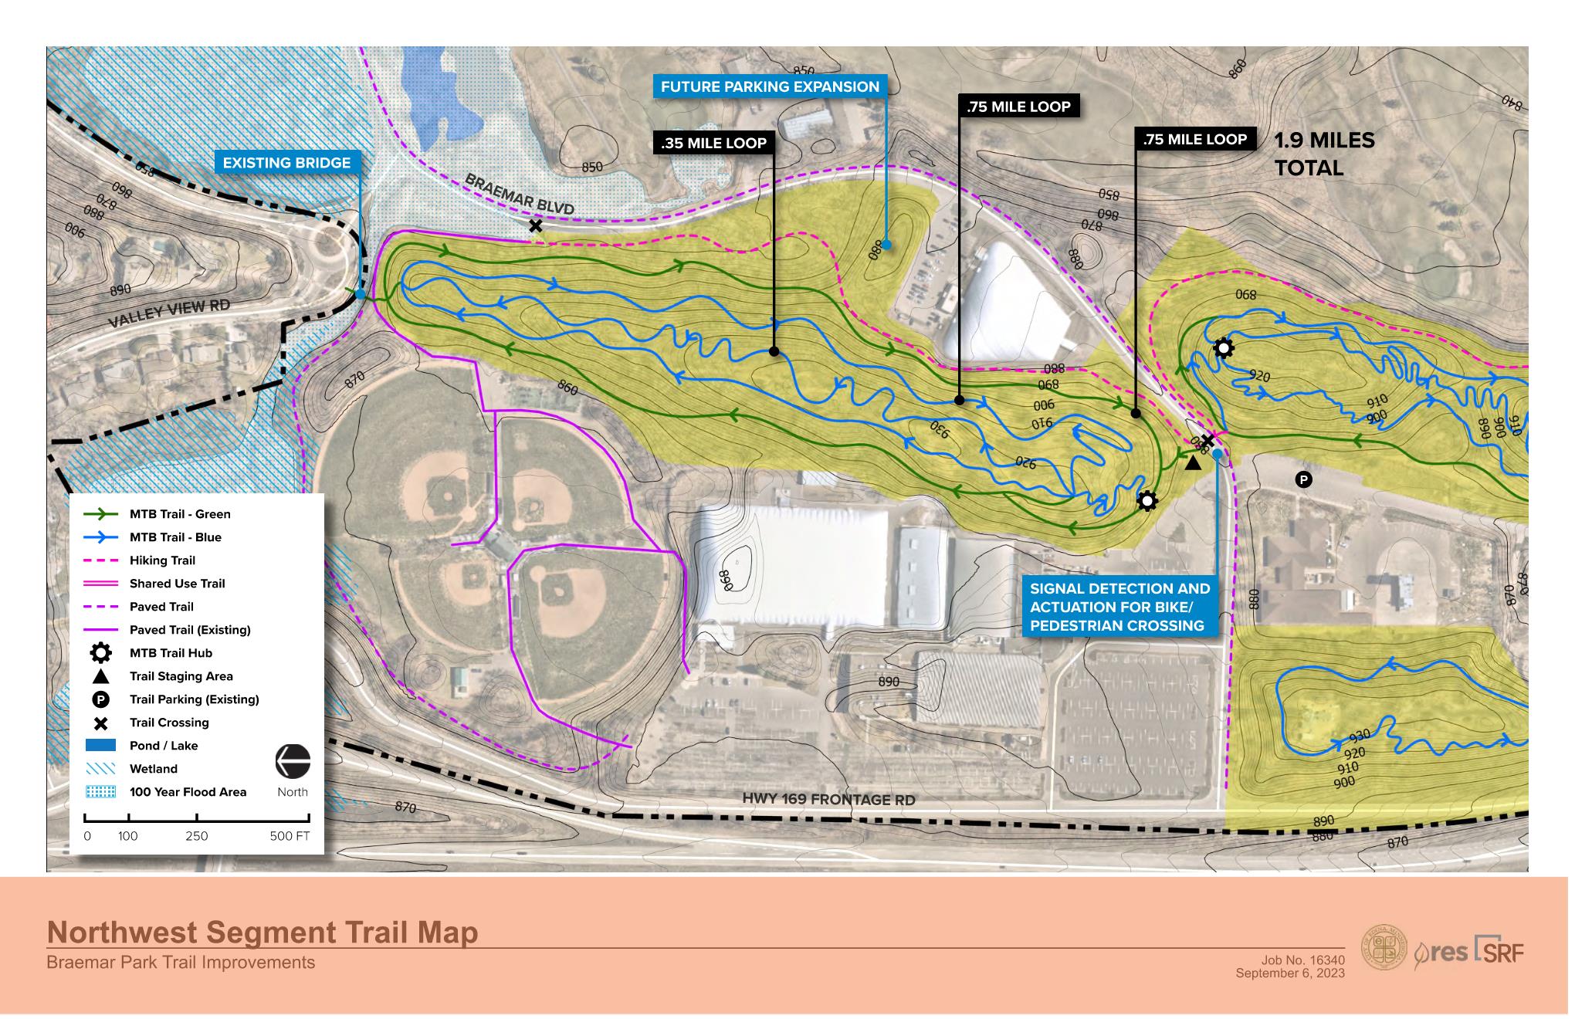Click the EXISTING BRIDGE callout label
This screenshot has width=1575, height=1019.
coord(286,163)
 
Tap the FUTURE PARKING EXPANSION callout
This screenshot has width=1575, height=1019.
coord(770,86)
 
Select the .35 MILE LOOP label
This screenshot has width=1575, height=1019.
coord(713,143)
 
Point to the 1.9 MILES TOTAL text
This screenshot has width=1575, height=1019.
coord(1323,154)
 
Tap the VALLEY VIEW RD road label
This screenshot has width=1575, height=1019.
coord(169,313)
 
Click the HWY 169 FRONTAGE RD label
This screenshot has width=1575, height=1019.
coord(828,799)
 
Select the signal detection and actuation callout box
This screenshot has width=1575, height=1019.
coord(1120,607)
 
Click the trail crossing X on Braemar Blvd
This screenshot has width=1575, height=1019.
coord(535,226)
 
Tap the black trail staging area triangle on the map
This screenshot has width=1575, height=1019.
coord(1193,463)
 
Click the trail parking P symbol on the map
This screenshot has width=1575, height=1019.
coord(1303,480)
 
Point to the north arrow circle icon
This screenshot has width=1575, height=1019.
coord(293,761)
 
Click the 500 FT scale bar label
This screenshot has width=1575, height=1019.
coord(290,836)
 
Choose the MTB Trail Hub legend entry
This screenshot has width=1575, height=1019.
coord(171,653)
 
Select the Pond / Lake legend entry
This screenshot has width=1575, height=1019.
coord(164,746)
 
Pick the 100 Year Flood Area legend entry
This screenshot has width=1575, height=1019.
coord(188,792)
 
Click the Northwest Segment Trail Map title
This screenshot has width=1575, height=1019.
coord(262,933)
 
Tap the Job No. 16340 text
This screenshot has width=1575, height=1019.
coord(1303,960)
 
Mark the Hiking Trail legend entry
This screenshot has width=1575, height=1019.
coord(162,560)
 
